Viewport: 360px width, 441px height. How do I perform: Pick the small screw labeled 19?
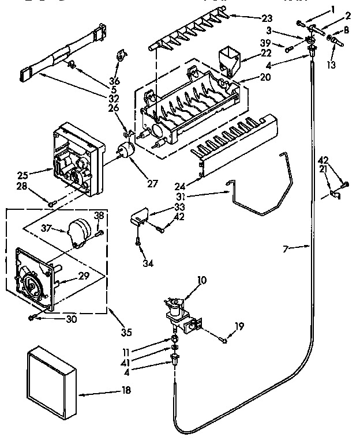224,340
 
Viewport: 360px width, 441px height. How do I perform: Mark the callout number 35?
126,331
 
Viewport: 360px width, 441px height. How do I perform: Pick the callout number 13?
330,65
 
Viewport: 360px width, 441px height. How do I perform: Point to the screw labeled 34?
139,242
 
